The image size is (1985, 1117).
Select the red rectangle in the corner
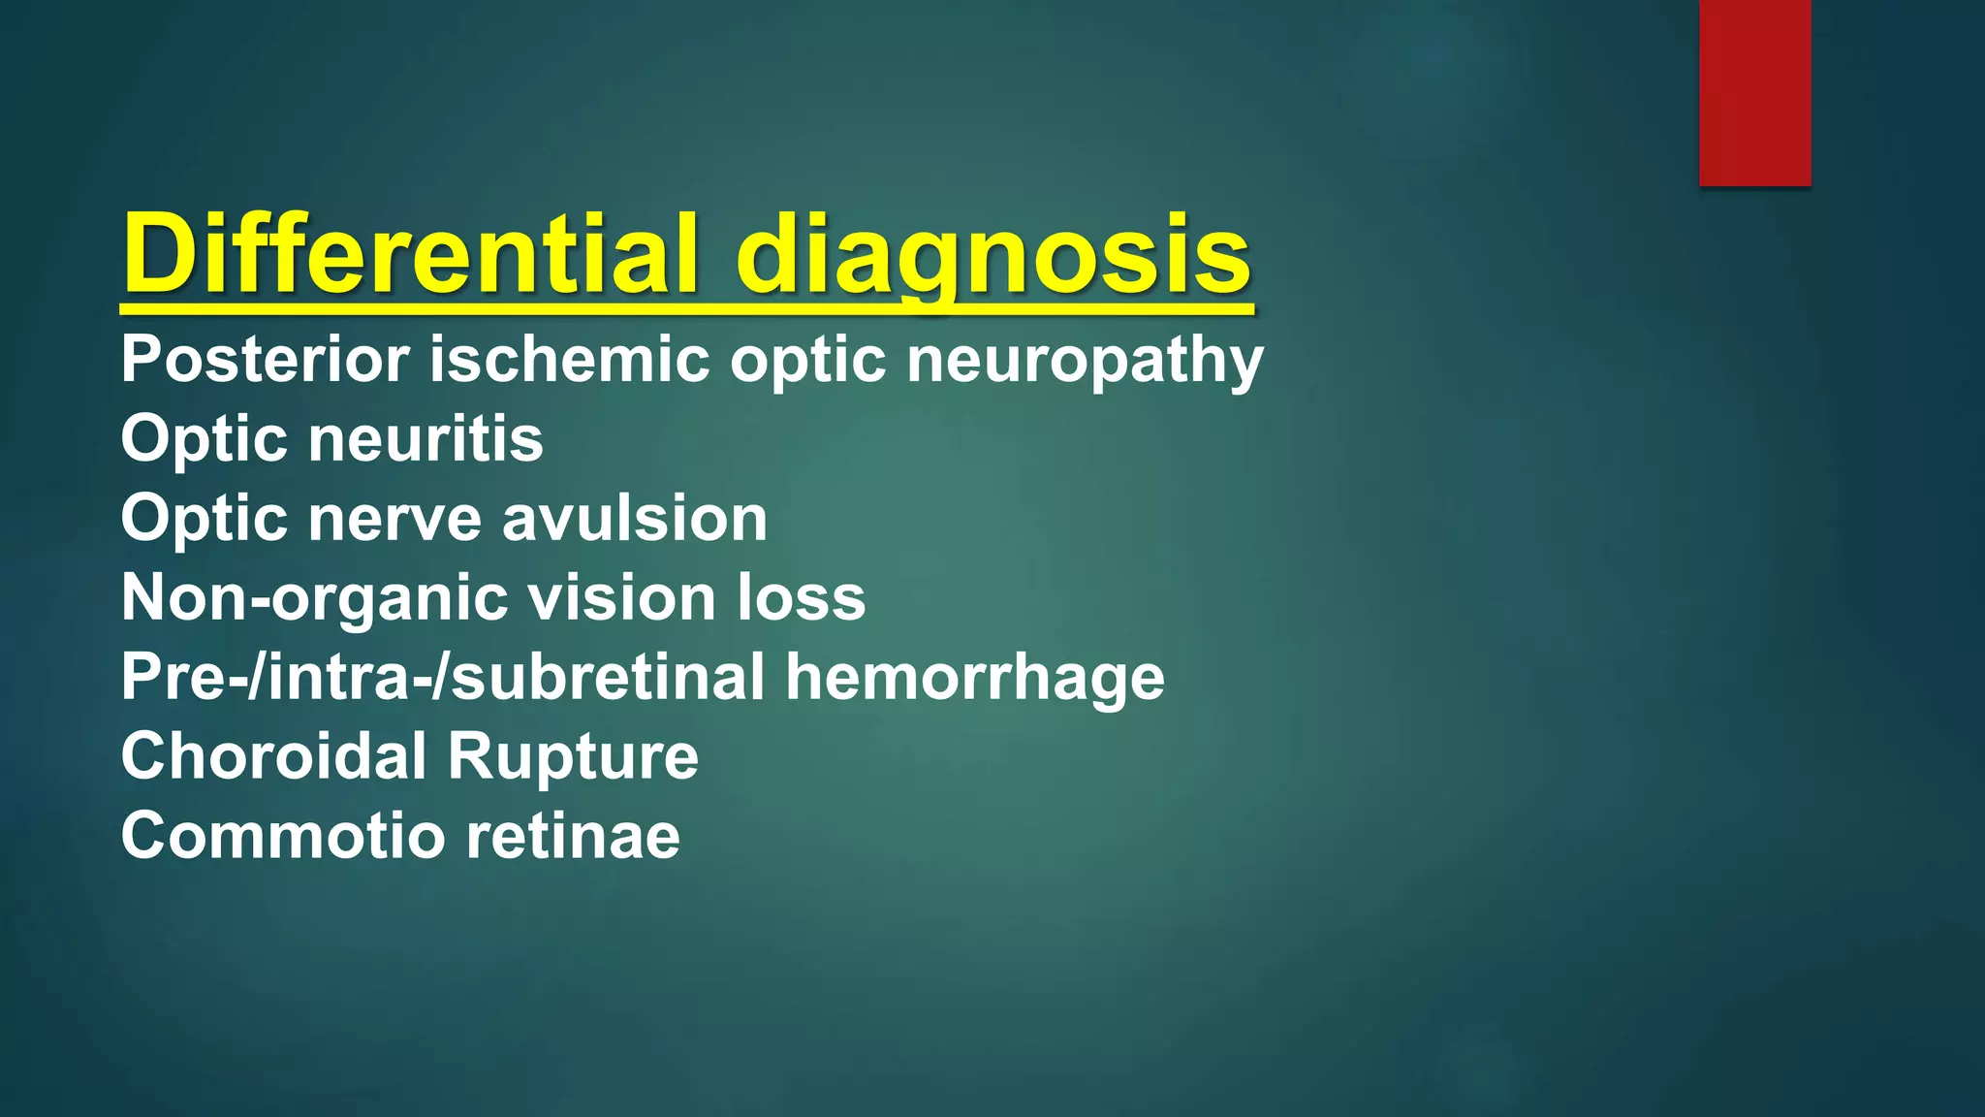point(1754,92)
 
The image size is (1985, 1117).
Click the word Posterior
point(266,360)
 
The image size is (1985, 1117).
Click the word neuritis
point(425,439)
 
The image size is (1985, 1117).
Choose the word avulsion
point(635,519)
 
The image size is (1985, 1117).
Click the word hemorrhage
point(975,678)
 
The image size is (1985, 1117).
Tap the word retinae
point(573,837)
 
